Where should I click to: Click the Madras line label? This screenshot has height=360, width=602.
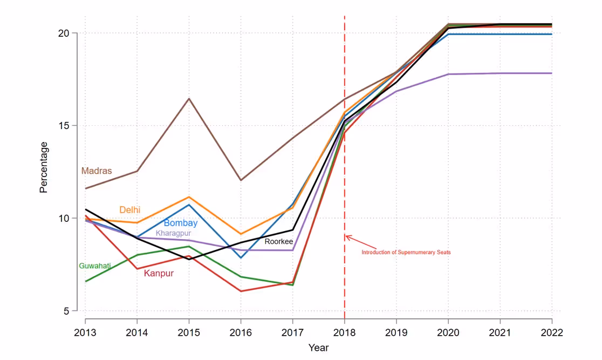[x=97, y=171]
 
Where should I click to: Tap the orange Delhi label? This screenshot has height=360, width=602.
[x=130, y=209]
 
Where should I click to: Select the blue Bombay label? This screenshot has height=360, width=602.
[x=181, y=223]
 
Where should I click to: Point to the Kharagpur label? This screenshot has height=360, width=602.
[x=173, y=233]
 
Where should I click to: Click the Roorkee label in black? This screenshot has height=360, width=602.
[x=278, y=241]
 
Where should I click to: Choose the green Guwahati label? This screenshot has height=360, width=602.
[x=95, y=266]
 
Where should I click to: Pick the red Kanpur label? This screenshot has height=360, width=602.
[x=159, y=274]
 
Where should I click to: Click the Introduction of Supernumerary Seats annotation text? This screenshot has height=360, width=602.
[x=406, y=252]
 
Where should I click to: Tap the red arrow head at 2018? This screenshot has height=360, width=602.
[x=347, y=237]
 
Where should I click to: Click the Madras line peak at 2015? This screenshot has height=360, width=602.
[x=189, y=99]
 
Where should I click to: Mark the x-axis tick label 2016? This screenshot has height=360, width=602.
[x=241, y=332]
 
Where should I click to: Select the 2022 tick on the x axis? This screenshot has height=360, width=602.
[x=552, y=332]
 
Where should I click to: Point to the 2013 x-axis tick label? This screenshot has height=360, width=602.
[x=85, y=332]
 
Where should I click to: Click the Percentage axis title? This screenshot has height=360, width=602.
[x=44, y=167]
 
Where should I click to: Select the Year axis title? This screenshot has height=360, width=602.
[x=318, y=348]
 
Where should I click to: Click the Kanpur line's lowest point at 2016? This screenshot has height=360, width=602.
[x=241, y=291]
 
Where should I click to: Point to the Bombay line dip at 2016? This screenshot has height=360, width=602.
[x=241, y=257]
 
